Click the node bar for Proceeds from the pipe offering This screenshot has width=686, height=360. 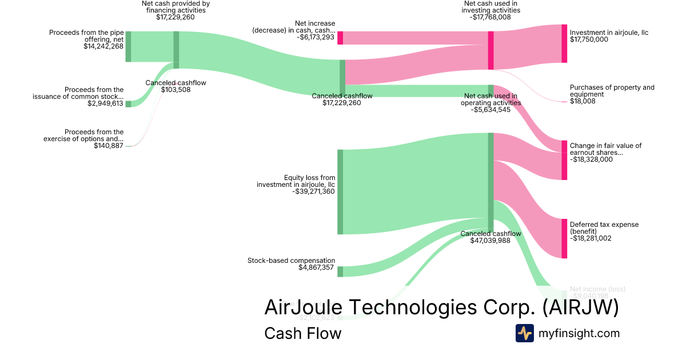coord(128,46)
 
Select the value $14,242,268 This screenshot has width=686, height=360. coord(103,46)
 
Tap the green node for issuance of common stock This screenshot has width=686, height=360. coord(128,103)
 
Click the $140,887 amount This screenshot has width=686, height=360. coord(109,146)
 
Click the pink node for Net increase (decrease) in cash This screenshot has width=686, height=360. coord(340,38)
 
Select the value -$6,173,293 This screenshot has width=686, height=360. coord(316,38)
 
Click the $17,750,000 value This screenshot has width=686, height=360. coord(589,40)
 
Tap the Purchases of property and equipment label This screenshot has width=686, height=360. coord(612,91)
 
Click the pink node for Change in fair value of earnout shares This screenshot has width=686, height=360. coord(564,160)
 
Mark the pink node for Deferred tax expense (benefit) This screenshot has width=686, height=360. coord(564,238)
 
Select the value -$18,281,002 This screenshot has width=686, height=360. coord(591,238)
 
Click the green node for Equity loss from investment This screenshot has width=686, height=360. coord(340,191)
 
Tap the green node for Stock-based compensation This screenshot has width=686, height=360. coord(340,271)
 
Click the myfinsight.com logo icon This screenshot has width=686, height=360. coord(524,333)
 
